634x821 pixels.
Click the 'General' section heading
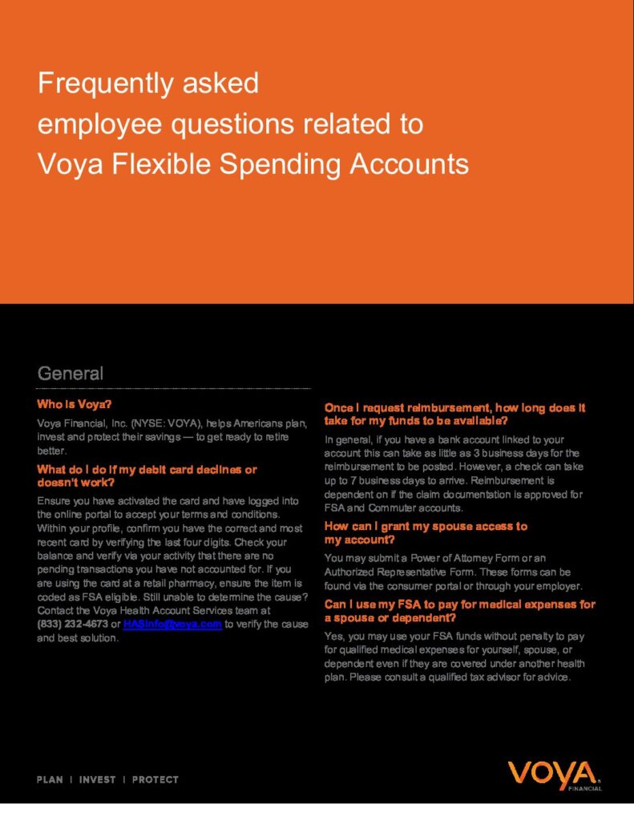pos(71,374)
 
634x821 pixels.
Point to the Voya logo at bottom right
pos(554,775)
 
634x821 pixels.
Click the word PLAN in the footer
pos(50,779)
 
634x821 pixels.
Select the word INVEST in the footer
pos(97,779)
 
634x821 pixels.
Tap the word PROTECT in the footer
pos(155,779)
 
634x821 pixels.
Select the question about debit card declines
pos(147,475)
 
